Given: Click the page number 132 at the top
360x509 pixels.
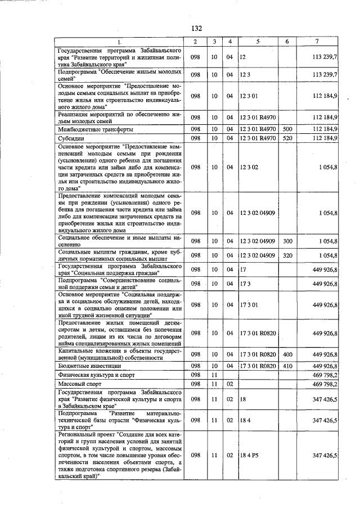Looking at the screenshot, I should pos(196,29).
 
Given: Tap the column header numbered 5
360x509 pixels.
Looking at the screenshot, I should pos(258,42).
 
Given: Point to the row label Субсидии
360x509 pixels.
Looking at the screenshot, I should pos(71,138).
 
